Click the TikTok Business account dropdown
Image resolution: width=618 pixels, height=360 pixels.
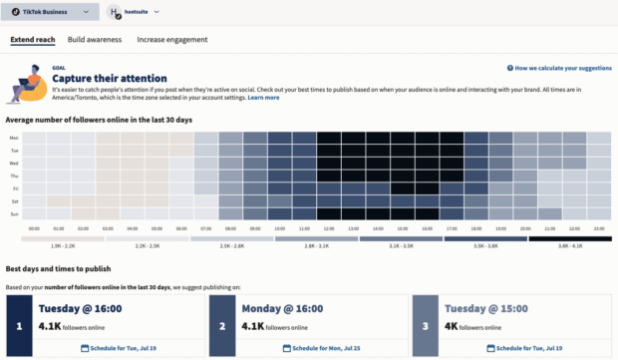[51, 12]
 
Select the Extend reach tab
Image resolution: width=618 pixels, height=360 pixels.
[33, 40]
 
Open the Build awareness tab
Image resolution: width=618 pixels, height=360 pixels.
[95, 40]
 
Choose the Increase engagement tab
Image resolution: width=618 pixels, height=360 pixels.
[172, 40]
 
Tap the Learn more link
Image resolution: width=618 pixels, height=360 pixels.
[263, 98]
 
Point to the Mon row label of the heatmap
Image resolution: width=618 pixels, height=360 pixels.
[14, 138]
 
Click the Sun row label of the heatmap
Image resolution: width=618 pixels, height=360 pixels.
[14, 212]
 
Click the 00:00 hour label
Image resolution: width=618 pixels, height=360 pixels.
[34, 227]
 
